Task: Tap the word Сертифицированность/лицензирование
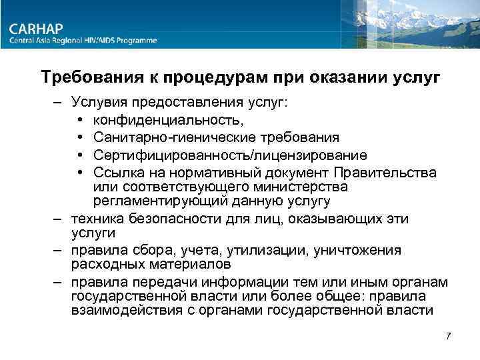point(230,155)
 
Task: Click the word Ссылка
point(120,173)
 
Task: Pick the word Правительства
point(389,173)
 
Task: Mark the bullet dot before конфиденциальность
point(80,121)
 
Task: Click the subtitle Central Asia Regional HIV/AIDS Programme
point(83,41)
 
